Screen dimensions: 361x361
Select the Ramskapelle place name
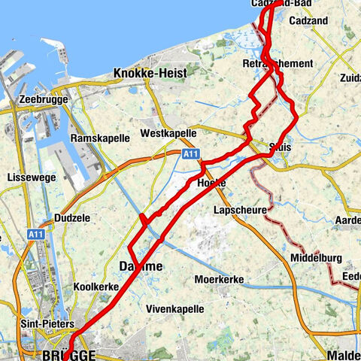tap(96, 139)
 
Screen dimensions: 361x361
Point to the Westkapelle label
tap(168, 133)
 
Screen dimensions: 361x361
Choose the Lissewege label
tap(28, 177)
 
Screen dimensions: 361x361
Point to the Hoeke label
tap(211, 184)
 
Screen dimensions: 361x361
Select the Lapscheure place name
tap(240, 210)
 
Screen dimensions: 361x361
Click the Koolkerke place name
tap(96, 287)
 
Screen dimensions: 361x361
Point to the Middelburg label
tap(317, 258)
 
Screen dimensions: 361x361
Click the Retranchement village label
tap(277, 64)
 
